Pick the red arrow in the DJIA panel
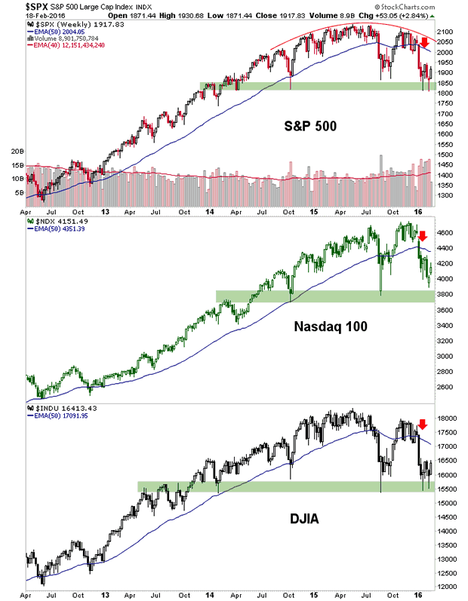tap(422, 424)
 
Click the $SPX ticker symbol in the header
tap(15, 6)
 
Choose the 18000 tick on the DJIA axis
tap(448, 418)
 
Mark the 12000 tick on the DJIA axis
tap(448, 587)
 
